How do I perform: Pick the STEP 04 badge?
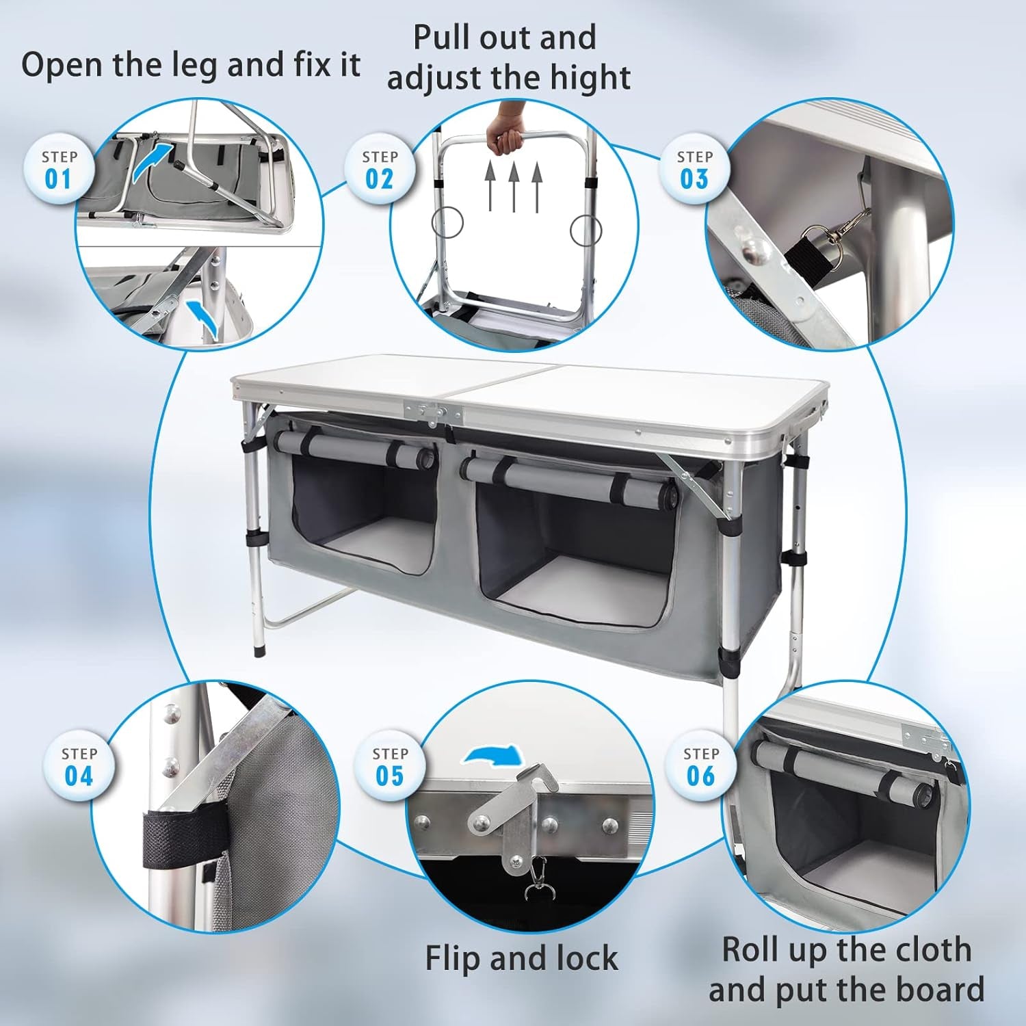pos(79,767)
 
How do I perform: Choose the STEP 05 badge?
pos(390,767)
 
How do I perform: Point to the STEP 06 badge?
pos(701,767)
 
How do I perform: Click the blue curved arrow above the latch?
pos(494,755)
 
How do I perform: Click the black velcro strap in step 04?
pos(179,839)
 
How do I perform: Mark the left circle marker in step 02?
pos(447,222)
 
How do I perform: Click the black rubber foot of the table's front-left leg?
pos(259,649)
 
